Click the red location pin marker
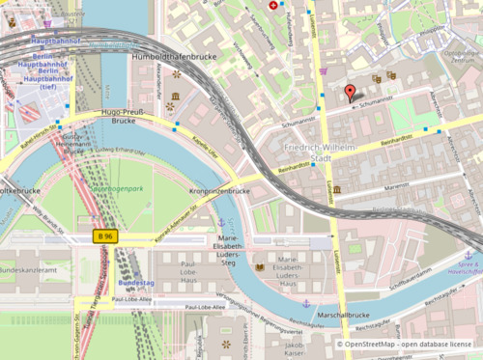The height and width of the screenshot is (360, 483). click(x=350, y=94)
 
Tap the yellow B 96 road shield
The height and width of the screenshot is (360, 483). click(x=105, y=235)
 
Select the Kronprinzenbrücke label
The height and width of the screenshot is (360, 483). click(x=220, y=192)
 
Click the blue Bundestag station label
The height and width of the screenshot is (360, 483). click(x=134, y=283)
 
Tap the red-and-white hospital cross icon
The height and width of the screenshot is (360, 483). click(x=272, y=6)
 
